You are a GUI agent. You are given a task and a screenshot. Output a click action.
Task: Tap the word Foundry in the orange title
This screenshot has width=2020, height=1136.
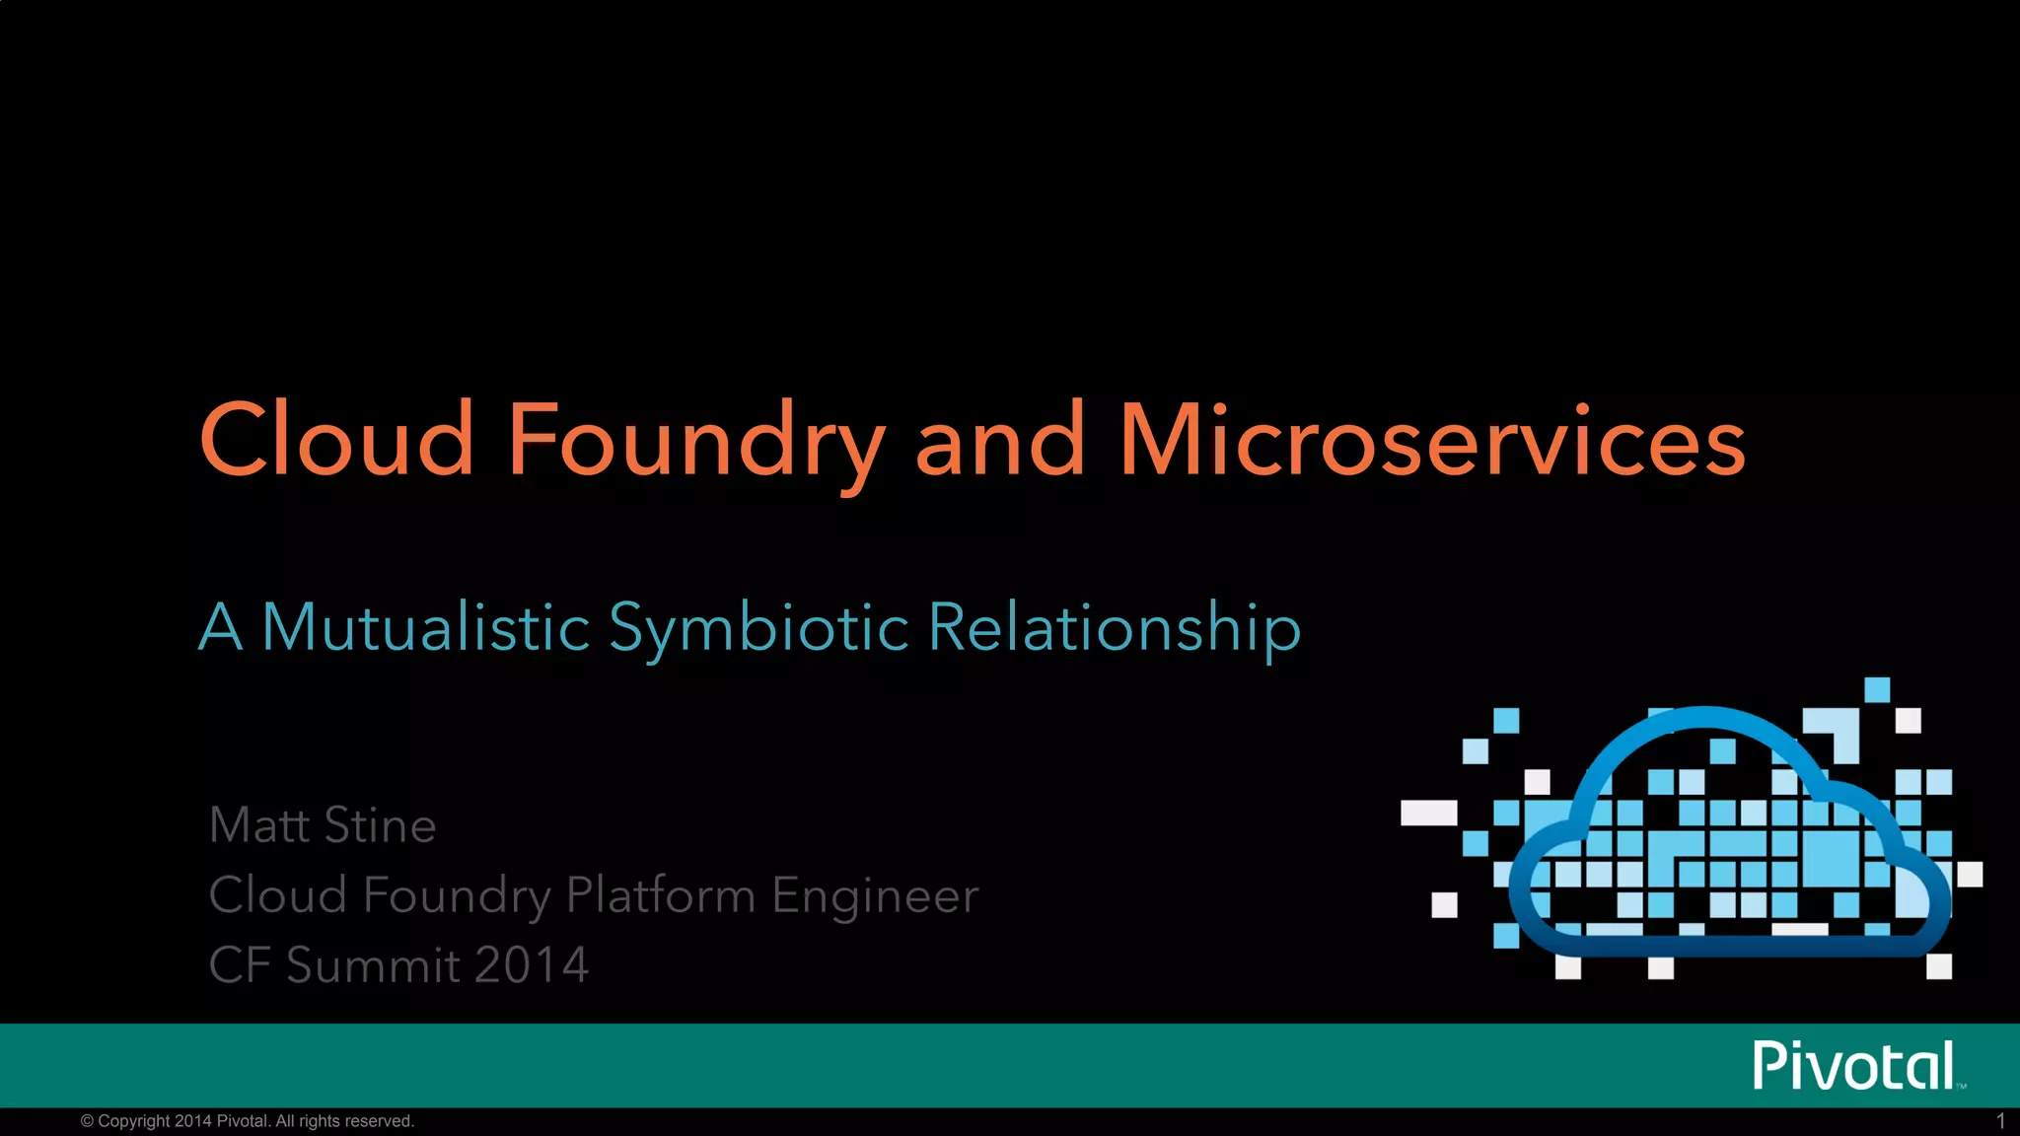tap(695, 440)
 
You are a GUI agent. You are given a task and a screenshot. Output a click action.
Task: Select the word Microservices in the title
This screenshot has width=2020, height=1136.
tap(1431, 440)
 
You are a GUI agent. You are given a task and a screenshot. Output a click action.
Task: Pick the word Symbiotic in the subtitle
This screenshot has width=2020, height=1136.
tap(758, 627)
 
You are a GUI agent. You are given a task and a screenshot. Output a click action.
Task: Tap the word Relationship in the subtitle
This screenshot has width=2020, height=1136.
tap(1115, 627)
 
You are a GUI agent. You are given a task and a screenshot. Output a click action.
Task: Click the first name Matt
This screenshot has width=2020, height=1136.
tap(257, 824)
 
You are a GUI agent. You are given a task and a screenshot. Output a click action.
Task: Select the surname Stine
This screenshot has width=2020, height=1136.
tap(380, 824)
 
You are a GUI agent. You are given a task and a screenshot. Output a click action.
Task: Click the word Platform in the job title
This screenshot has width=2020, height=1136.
tap(660, 895)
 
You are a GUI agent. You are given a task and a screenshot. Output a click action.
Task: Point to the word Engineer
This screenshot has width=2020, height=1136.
tap(875, 895)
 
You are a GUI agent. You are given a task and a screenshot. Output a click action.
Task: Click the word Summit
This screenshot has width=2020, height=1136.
tap(373, 964)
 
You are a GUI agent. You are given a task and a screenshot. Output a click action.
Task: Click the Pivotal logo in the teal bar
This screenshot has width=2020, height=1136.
tap(1854, 1065)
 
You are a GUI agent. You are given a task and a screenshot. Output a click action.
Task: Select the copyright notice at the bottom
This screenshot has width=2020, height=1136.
tap(247, 1121)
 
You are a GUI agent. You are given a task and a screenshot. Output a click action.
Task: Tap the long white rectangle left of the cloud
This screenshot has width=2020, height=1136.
tap(1428, 813)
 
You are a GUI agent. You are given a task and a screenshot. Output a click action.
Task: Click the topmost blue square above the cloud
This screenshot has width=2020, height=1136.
tap(1877, 689)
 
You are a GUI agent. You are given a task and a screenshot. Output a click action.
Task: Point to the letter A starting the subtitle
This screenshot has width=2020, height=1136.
tap(220, 627)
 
